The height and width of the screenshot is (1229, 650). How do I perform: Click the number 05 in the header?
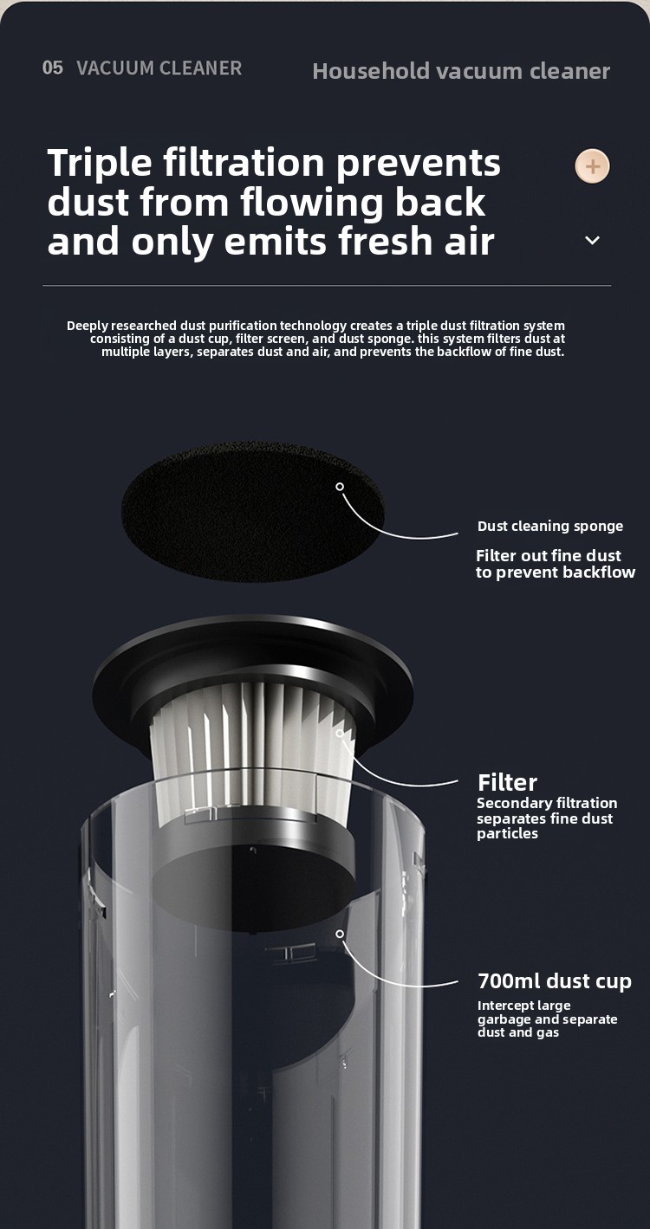click(x=53, y=68)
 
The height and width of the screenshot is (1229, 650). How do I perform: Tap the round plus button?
click(x=592, y=166)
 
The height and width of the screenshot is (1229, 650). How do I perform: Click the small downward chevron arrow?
click(x=592, y=240)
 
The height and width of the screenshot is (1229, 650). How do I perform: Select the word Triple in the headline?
click(x=100, y=164)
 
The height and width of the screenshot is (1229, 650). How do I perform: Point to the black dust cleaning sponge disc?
click(x=252, y=512)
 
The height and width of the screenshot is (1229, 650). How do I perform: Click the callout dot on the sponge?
click(x=340, y=487)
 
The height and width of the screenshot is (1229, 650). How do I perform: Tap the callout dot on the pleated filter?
click(x=340, y=733)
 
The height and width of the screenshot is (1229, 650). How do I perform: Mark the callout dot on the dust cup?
click(x=340, y=934)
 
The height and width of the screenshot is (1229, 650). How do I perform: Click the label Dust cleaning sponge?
click(x=550, y=527)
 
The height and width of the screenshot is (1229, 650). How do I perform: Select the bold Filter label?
click(x=507, y=782)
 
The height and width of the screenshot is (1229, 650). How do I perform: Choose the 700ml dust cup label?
click(x=555, y=980)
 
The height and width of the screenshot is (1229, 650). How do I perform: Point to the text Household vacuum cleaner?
click(x=461, y=71)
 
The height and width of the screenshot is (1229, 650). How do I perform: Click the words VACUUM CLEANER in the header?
click(x=159, y=68)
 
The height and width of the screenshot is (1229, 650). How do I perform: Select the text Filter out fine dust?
click(x=549, y=556)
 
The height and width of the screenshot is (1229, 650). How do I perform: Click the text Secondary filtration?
click(x=547, y=803)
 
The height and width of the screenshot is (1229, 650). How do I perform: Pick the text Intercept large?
click(x=523, y=1006)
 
